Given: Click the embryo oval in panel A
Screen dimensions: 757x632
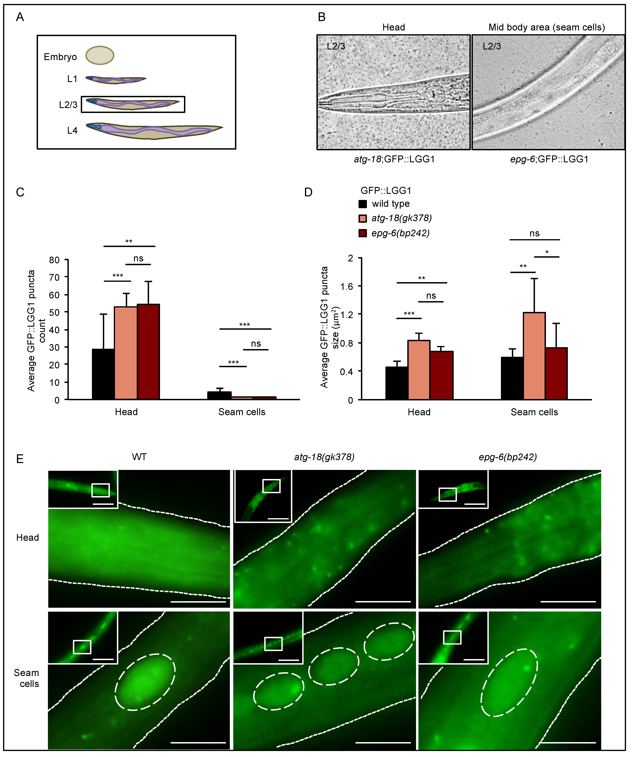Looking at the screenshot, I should pyautogui.click(x=100, y=55).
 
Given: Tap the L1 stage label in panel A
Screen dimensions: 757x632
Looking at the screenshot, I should pyautogui.click(x=72, y=79).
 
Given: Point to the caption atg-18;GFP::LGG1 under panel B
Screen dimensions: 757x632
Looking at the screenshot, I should pyautogui.click(x=394, y=159).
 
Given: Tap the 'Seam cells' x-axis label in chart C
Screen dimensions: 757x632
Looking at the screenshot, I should pyautogui.click(x=242, y=412).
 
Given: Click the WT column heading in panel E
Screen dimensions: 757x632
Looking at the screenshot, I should pyautogui.click(x=139, y=457).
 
